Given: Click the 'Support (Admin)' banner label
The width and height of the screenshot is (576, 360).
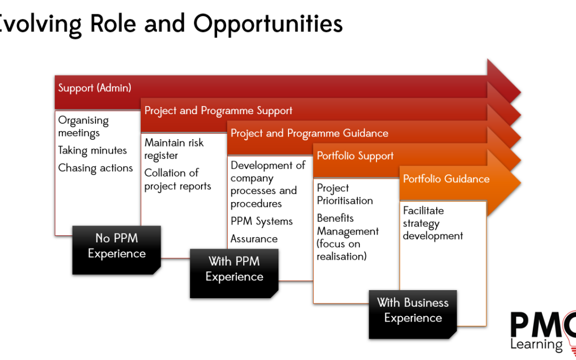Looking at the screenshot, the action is (94, 88).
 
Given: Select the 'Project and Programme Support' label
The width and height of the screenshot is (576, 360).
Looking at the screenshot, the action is (218, 110).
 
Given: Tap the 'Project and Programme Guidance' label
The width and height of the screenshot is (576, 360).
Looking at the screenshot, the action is (309, 133).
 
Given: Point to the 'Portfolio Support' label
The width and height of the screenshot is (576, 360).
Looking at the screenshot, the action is (355, 156).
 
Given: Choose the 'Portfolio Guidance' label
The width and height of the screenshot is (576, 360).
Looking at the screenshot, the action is (446, 179).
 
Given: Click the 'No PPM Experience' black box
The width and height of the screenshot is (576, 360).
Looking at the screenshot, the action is (116, 250).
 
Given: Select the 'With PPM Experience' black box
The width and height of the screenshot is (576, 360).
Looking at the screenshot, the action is (234, 273).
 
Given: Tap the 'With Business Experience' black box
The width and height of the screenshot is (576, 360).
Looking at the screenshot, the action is (413, 315).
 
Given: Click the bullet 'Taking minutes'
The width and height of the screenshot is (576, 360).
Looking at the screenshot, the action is (93, 150).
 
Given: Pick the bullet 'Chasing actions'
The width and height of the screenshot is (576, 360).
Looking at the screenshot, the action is (95, 168).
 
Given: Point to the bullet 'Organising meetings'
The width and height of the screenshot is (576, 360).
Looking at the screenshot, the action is (83, 127).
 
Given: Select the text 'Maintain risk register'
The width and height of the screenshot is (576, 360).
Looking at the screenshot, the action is (174, 149).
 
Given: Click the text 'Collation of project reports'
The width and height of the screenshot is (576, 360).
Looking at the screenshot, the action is (178, 180).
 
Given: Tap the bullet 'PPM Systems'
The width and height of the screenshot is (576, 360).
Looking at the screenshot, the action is (261, 221).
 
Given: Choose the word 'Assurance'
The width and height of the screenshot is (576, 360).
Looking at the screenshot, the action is (254, 239).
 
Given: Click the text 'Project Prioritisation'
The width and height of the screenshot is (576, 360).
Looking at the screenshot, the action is (345, 194).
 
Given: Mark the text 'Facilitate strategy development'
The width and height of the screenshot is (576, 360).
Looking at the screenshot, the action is (433, 223).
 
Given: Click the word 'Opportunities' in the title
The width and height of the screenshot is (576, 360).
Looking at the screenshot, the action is (268, 24).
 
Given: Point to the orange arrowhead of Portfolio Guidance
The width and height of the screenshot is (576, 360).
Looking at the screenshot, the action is (504, 182).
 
